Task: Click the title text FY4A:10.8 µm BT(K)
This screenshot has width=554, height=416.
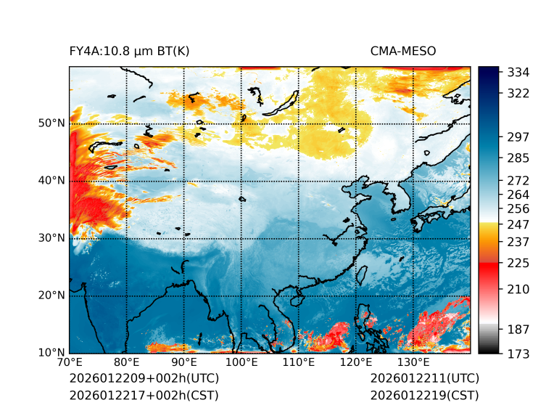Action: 130,51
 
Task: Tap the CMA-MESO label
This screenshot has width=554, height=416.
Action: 403,51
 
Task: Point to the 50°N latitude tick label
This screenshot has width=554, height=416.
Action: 51,123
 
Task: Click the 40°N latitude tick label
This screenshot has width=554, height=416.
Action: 51,181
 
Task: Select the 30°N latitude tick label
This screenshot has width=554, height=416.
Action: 51,238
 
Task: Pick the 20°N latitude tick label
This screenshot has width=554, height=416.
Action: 51,295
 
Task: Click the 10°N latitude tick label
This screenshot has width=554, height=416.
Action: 51,353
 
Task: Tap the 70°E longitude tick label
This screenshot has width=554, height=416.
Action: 70,363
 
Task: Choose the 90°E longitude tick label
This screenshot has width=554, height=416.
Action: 184,363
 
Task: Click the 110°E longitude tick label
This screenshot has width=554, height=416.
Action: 299,363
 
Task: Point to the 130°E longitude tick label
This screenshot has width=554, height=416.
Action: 413,363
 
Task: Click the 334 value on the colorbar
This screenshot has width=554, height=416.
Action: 518,73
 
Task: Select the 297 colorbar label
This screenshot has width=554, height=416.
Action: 518,137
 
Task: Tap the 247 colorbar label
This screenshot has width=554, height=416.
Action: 518,224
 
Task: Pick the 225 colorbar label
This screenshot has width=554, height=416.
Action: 518,263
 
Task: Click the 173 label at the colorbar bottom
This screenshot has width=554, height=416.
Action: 518,354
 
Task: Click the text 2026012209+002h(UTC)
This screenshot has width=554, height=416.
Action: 144,379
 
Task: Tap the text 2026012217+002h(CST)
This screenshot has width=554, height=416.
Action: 144,396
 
